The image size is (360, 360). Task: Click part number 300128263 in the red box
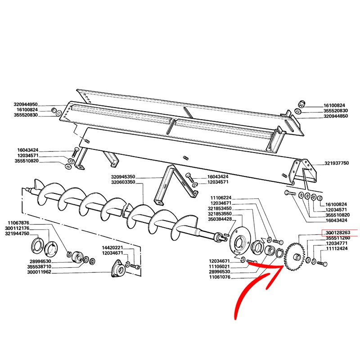[338, 233]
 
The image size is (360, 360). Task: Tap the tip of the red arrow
[284, 266]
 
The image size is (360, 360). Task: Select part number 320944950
[25, 104]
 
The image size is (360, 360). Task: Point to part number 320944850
[335, 116]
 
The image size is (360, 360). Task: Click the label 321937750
[336, 163]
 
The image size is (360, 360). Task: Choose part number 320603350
[123, 182]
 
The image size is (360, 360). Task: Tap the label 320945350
[123, 177]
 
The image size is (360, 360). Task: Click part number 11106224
[221, 198]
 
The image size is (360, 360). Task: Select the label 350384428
[220, 219]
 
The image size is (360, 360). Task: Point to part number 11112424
[337, 248]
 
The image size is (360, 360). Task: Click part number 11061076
[220, 277]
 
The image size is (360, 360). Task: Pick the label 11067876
[18, 223]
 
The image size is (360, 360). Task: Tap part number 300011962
[39, 272]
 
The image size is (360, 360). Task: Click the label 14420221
[112, 248]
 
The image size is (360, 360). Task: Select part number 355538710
[39, 267]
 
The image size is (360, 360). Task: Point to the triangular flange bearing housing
[119, 268]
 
